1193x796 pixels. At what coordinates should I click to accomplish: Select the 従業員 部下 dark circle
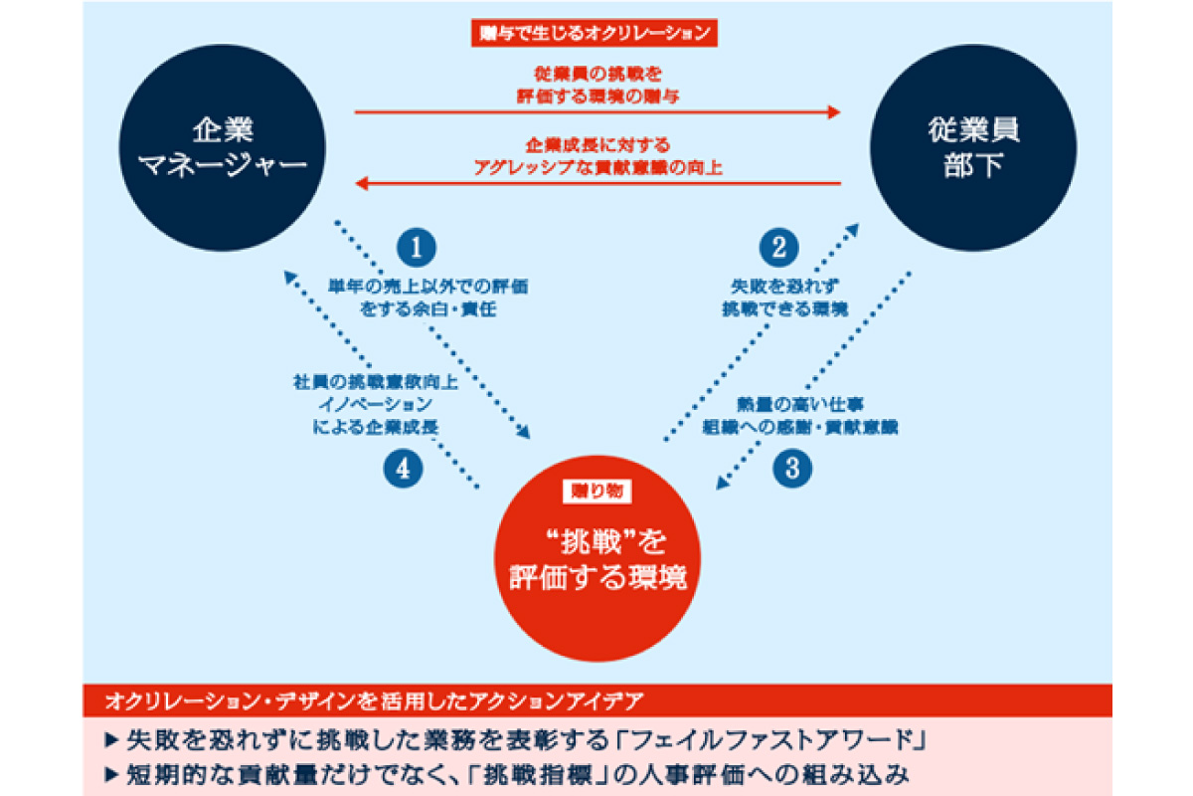[974, 147]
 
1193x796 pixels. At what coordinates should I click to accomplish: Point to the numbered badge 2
[778, 245]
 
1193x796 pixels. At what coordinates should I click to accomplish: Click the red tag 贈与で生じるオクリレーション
[594, 34]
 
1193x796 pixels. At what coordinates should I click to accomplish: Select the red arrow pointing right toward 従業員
[596, 113]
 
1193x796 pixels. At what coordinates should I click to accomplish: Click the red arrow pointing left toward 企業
[596, 183]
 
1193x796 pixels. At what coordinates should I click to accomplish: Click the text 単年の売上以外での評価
[428, 286]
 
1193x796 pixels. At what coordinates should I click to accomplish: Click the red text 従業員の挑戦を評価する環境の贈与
[597, 84]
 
